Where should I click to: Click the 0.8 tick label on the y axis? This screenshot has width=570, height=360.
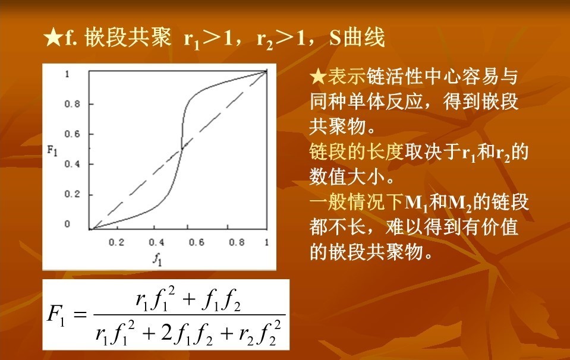coord(72,104)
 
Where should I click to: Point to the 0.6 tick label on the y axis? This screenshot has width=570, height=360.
coord(72,134)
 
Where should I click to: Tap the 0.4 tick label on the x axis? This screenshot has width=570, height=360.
coord(156,242)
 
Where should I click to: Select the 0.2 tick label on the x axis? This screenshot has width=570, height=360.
coord(116,242)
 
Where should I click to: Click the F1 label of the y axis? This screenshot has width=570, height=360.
coord(52,150)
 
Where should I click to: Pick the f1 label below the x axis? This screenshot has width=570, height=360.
coord(157,259)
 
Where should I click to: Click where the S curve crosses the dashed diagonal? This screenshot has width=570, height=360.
coord(182,148)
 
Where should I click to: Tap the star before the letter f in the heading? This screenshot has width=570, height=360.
coord(53,38)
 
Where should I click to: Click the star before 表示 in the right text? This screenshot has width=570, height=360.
coord(318,77)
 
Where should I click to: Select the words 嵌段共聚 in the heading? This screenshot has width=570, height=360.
coord(128,37)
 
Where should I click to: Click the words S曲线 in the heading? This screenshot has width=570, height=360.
coord(357,37)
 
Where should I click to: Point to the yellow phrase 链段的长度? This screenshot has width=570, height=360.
coord(357,151)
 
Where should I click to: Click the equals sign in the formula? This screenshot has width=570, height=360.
coord(80,314)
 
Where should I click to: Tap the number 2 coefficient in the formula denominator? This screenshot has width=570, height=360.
coord(166,333)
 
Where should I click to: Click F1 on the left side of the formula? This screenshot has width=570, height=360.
coord(56,315)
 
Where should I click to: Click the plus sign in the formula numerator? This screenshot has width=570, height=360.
coord(189,299)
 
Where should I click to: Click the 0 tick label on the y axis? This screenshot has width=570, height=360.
coord(67,224)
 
